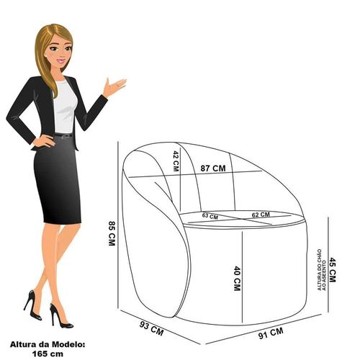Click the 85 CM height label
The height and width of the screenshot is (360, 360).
point(112,233)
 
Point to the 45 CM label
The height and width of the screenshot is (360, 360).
point(333,270)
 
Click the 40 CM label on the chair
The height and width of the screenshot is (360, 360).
point(237,278)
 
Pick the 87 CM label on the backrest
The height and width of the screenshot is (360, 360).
point(213,168)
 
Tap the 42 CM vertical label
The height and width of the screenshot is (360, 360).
point(176,161)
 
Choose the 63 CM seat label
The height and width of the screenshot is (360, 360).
point(210,216)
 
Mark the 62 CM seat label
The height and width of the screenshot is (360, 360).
point(261,215)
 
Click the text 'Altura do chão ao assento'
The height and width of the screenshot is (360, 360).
point(322,270)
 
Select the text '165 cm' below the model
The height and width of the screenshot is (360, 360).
point(48,354)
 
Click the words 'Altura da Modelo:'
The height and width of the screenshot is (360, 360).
point(48,344)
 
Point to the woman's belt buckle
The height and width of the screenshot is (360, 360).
point(66,136)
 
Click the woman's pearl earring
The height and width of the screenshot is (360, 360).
point(45,55)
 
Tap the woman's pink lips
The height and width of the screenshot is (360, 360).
point(61,60)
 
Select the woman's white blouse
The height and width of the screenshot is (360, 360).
point(65,107)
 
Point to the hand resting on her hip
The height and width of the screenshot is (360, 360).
point(44,141)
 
